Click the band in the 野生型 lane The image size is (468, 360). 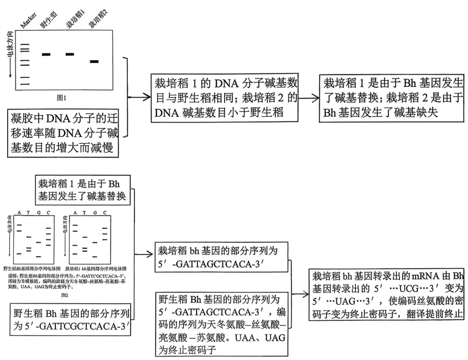[46, 54]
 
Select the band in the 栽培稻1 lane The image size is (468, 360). [70, 54]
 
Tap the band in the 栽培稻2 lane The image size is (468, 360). [94, 61]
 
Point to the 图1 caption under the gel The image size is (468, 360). [62, 97]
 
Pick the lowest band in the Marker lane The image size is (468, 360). [25, 84]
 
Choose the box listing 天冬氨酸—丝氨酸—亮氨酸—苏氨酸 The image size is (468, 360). [222, 325]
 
